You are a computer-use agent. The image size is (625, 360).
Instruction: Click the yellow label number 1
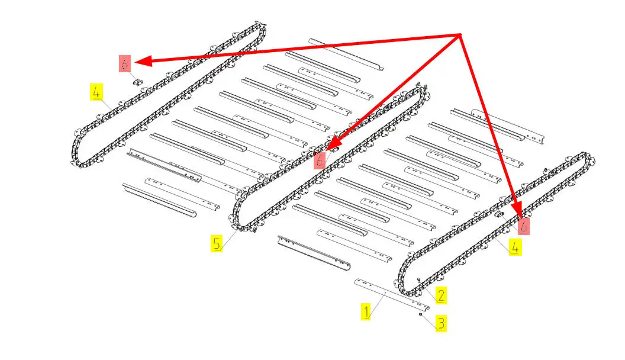(366, 311)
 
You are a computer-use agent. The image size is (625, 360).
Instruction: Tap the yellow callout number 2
(441, 295)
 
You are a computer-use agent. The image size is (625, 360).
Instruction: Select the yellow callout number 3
(441, 323)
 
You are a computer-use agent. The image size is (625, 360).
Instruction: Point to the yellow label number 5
(217, 243)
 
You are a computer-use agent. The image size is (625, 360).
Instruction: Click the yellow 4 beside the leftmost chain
(96, 92)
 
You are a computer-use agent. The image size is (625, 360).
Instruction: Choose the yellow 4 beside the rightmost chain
(515, 247)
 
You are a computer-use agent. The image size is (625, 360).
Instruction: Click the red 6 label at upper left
(125, 63)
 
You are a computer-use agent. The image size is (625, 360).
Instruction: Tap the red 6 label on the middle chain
(319, 160)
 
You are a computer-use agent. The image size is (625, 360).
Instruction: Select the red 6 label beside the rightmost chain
(523, 226)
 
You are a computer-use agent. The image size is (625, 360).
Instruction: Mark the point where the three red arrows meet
(461, 35)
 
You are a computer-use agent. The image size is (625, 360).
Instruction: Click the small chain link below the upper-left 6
(138, 82)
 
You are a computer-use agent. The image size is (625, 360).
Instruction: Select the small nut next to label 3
(421, 314)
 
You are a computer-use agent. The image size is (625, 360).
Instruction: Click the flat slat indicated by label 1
(392, 295)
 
